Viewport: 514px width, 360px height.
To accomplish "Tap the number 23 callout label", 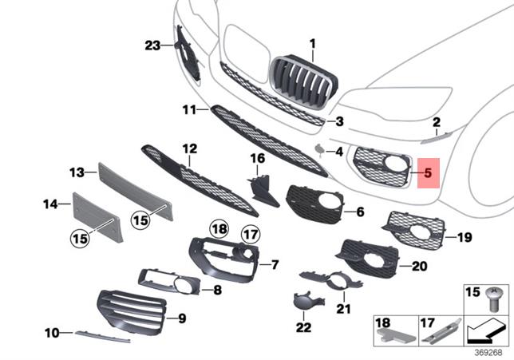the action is pos(152,45).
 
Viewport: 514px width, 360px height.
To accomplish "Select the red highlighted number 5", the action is pos(428,172).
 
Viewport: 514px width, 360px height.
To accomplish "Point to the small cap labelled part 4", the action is pos(319,149).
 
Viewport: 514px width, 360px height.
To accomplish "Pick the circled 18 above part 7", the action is pos(219,229).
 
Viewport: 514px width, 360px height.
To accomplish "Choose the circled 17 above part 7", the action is pos(251,235).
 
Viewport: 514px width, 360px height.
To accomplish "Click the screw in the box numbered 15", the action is pos(493,299).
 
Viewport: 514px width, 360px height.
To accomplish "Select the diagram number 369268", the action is pos(488,353).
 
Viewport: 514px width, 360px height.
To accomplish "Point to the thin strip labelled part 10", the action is pos(103,337).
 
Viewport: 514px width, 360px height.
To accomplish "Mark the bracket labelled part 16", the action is pos(263,192).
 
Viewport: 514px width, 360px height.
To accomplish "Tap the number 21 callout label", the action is pos(343,309).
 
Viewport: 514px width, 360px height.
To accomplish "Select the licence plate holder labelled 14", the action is pos(97,217).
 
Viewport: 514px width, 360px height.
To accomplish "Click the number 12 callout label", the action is pos(190,148).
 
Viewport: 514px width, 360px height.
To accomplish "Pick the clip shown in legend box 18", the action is pos(397,336).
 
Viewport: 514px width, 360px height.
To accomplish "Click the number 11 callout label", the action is pos(189,110).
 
